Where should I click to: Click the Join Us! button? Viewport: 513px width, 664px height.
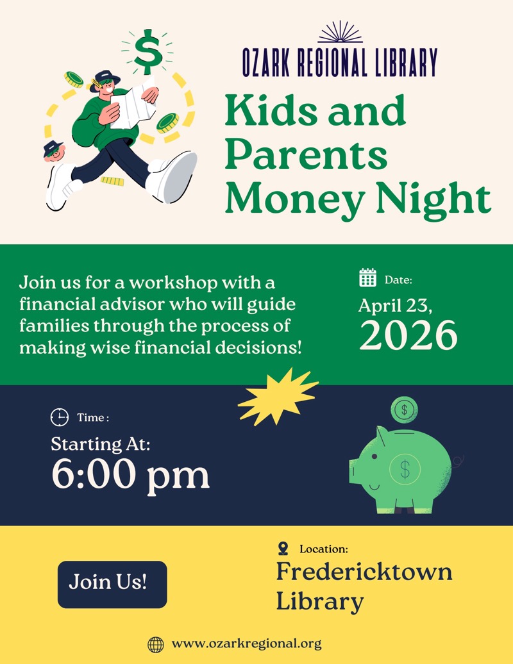[x=112, y=584]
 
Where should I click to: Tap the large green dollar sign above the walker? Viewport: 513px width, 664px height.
[x=149, y=51]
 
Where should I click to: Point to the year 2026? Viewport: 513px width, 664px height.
[x=408, y=335]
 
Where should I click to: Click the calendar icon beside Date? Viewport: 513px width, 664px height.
[x=367, y=278]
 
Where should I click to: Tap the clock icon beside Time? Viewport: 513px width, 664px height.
[x=59, y=418]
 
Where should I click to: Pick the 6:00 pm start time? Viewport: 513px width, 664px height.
[x=130, y=476]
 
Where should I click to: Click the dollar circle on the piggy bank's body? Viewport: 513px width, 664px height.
[x=405, y=469]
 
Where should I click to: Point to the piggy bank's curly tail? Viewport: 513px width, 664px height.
[x=459, y=460]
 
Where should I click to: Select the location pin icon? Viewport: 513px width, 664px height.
[x=283, y=549]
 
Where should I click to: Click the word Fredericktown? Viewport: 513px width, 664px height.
[x=364, y=572]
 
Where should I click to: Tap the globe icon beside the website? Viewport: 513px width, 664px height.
[x=155, y=643]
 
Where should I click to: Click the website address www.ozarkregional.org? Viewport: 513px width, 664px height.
[x=247, y=643]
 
